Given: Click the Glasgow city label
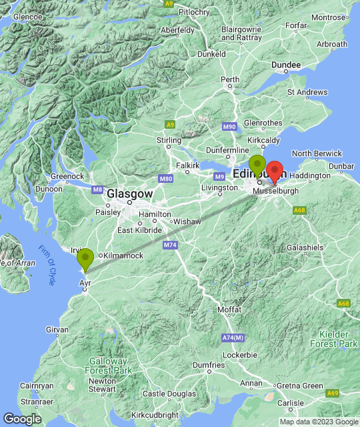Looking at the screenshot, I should (130, 193).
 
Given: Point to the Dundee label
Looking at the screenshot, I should (286, 64).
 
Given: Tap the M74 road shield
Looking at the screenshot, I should (170, 246).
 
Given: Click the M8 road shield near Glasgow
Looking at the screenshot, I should (98, 190).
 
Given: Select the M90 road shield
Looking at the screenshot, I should (229, 127).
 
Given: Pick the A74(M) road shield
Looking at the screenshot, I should (233, 338).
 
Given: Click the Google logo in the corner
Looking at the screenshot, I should (22, 418).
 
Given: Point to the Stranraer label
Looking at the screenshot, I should (18, 402).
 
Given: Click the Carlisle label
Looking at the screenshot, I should (291, 403).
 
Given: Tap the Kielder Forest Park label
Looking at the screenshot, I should (334, 338).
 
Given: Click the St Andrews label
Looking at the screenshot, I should (309, 92).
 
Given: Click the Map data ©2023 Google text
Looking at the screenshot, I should (319, 422).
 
